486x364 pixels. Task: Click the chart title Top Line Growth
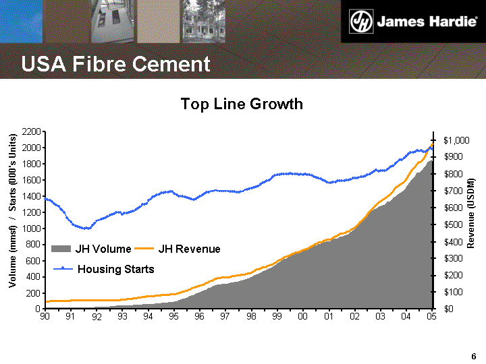[x=242, y=104]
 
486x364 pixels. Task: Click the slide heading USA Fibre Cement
[x=115, y=64]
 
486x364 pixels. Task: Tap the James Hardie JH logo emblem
[x=360, y=22]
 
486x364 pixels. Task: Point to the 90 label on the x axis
[x=45, y=317]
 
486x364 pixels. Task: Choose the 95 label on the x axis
[x=173, y=317]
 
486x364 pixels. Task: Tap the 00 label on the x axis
[x=302, y=317]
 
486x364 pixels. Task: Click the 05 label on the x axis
[x=431, y=317]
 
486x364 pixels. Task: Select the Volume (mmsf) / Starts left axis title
[x=12, y=212]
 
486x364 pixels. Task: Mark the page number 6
[x=474, y=356]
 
